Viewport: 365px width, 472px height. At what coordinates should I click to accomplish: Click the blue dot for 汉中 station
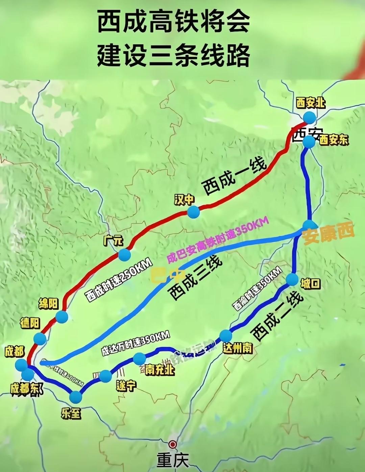click(194, 212)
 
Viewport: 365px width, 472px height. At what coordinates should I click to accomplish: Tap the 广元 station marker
click(124, 255)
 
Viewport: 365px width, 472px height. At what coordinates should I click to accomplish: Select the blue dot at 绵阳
click(62, 317)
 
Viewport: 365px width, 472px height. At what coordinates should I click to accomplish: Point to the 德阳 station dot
click(40, 339)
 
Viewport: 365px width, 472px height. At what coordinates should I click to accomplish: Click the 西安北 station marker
click(309, 117)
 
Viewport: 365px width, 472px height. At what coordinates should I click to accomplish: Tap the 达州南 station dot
click(226, 336)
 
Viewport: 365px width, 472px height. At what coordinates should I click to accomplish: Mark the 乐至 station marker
click(76, 397)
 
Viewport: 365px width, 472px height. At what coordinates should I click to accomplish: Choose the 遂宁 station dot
click(105, 375)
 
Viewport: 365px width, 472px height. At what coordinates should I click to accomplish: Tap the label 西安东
click(334, 140)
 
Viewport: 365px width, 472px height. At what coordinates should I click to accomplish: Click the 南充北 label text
click(160, 370)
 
